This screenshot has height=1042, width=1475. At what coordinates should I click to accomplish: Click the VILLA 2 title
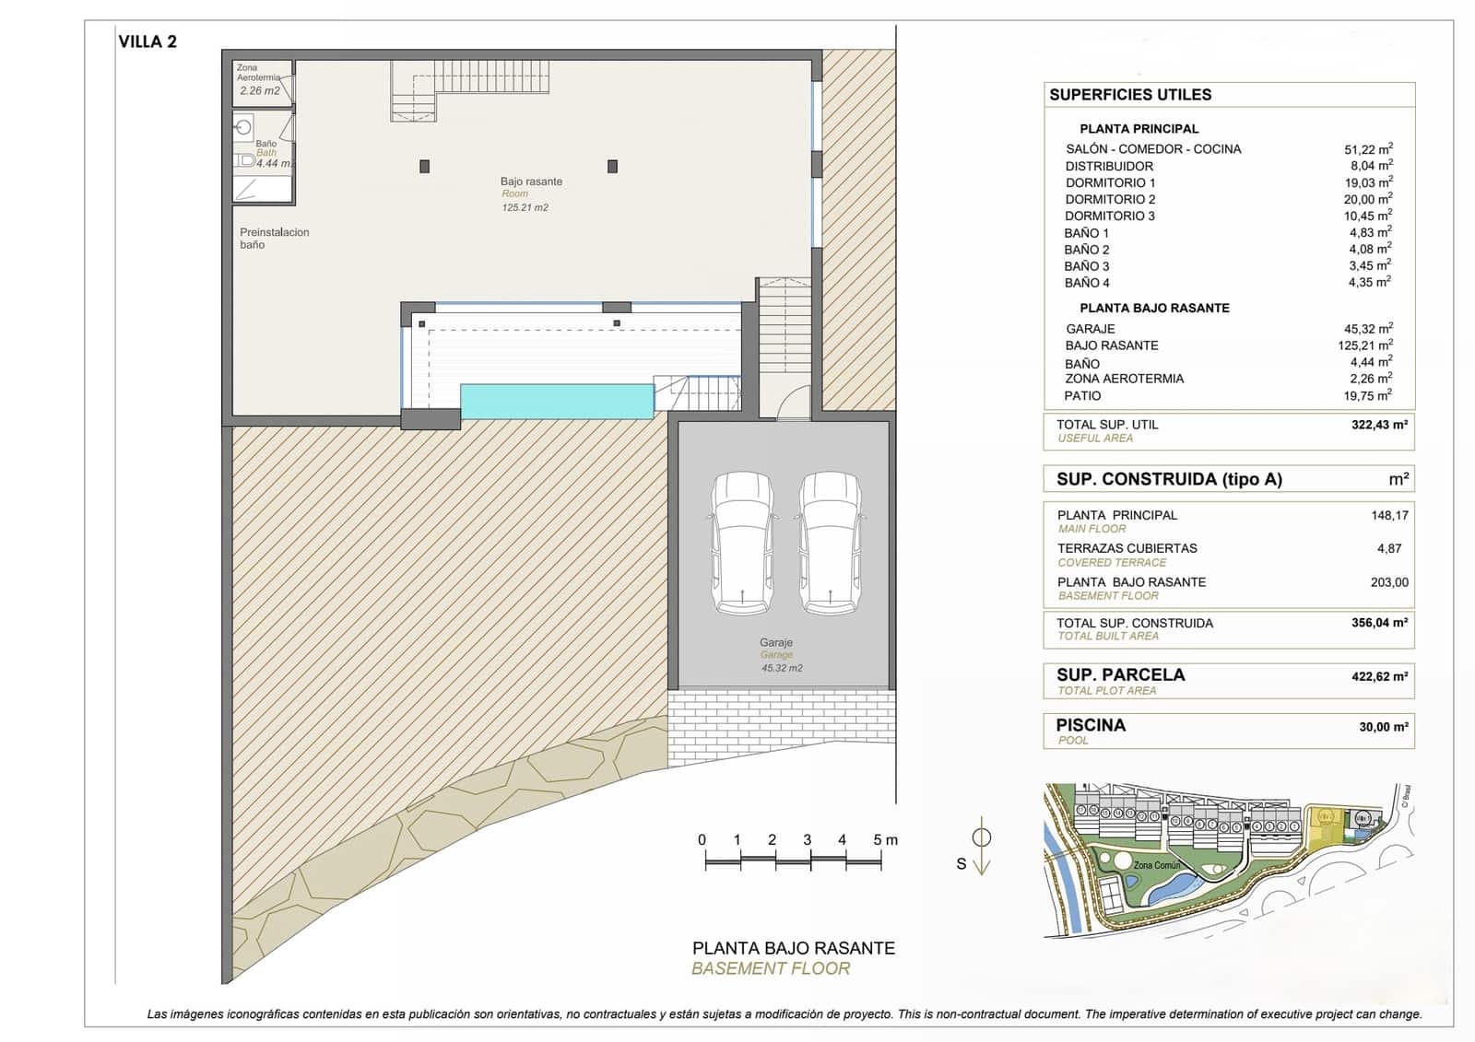147,42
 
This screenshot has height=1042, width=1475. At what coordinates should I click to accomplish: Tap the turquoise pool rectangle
557,402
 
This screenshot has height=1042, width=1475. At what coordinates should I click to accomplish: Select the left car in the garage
743,544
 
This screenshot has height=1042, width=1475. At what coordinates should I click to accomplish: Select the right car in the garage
830,544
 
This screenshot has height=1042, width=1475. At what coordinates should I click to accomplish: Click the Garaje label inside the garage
776,642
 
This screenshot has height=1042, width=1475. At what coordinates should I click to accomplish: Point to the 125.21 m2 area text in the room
525,208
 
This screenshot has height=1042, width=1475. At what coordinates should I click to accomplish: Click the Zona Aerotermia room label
258,73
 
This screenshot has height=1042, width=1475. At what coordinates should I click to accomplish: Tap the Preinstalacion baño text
274,239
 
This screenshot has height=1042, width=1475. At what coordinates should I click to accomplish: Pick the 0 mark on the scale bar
702,840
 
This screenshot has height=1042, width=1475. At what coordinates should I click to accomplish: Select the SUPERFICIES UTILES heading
1130,95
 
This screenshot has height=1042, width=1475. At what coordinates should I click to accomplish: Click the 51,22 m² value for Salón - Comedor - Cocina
1368,148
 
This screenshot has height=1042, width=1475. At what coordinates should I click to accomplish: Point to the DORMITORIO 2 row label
1110,199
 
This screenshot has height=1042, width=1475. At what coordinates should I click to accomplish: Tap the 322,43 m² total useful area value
1379,425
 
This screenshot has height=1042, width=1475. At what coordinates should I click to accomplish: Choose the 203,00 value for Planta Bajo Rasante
1389,582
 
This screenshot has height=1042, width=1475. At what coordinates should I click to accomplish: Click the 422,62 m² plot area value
1379,676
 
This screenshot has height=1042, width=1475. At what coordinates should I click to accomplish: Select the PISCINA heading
1091,725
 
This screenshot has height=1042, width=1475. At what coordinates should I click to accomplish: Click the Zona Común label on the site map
1156,865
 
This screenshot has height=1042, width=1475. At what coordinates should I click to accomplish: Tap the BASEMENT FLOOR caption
771,968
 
